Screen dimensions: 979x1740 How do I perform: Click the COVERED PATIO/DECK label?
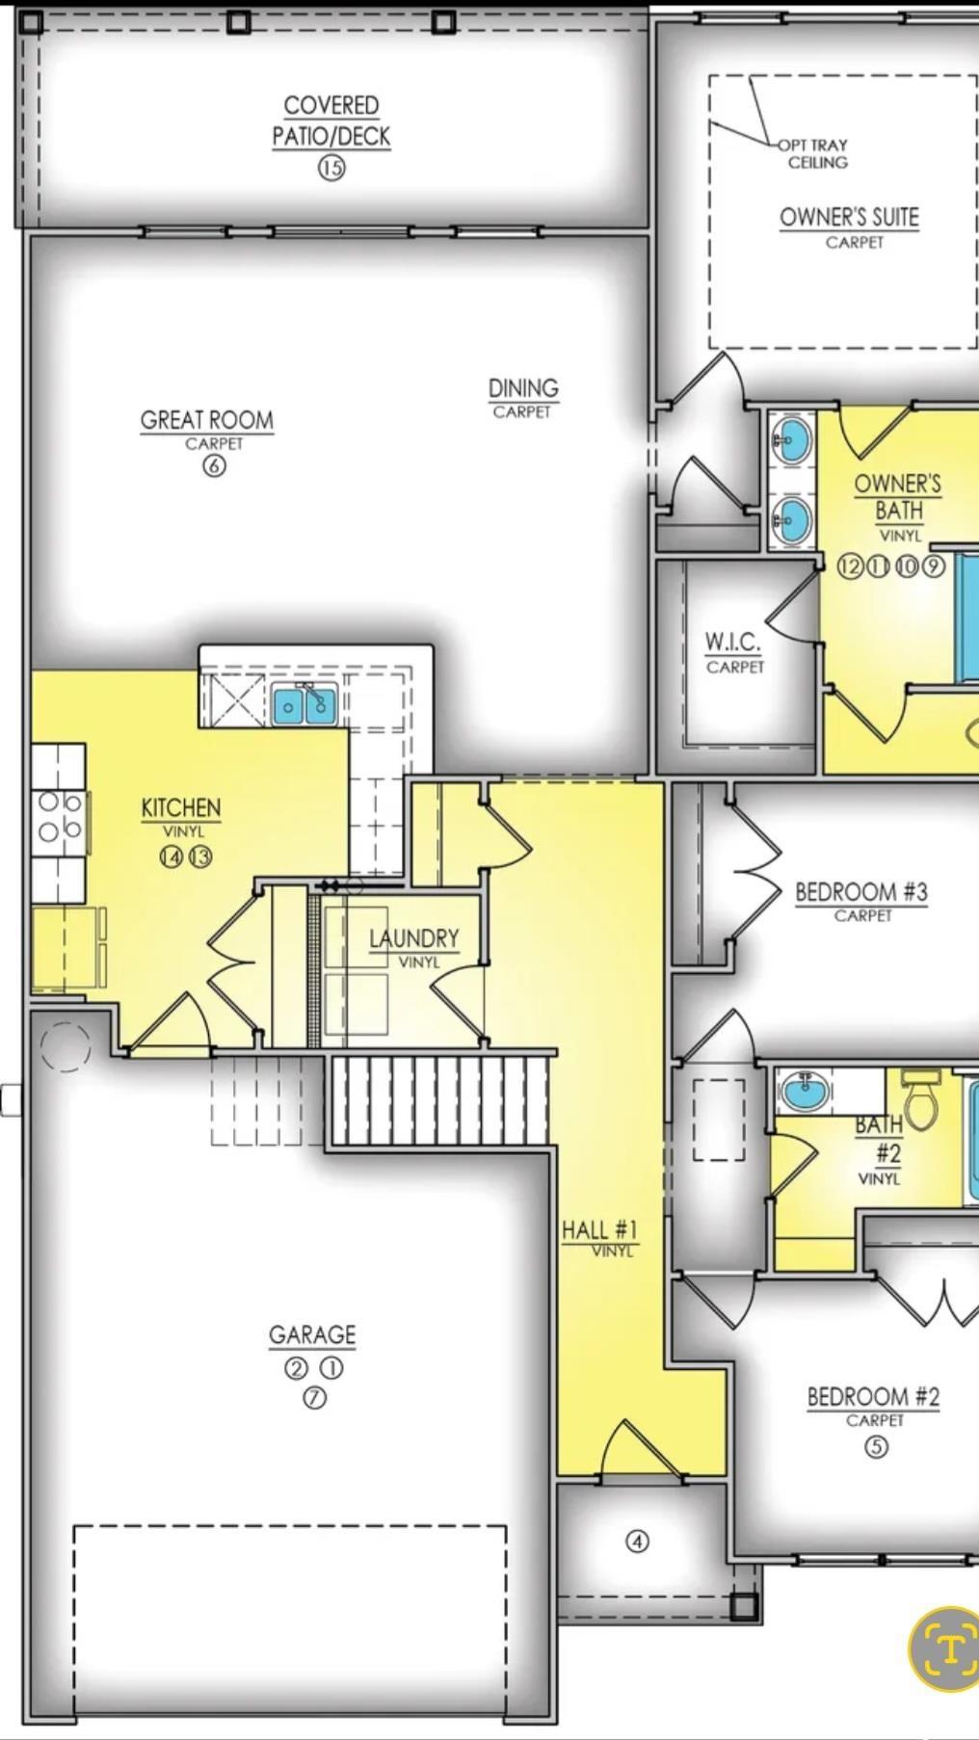(331, 120)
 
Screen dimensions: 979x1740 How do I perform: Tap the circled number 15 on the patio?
(331, 168)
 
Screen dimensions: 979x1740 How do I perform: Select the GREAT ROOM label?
(207, 420)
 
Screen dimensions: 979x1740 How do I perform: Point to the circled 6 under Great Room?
(214, 466)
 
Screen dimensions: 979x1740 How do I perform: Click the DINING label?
(523, 388)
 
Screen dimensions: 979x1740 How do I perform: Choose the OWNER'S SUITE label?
(849, 217)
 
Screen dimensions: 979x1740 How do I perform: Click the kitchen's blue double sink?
(304, 704)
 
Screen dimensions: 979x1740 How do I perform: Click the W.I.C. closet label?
(732, 642)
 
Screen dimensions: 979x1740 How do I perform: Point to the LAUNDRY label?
(414, 937)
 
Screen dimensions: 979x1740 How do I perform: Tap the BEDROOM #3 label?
(860, 892)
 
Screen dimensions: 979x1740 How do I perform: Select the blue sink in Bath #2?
(807, 1091)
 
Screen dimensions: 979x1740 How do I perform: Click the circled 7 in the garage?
(314, 1398)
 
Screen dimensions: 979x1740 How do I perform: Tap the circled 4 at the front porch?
(638, 1542)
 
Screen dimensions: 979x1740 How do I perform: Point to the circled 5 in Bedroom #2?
(876, 1446)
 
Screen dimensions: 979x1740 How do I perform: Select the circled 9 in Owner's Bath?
(933, 566)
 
